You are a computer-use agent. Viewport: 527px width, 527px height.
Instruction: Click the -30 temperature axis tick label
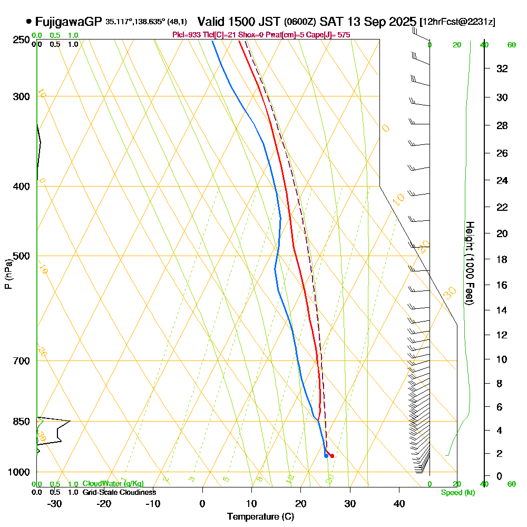pyautogui.click(x=55, y=503)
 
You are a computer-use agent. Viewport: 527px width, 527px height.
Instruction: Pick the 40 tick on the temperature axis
pyautogui.click(x=399, y=503)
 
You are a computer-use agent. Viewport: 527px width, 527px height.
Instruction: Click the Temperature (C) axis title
pyautogui.click(x=260, y=517)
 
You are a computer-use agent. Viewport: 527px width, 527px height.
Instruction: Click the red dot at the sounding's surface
pyautogui.click(x=332, y=456)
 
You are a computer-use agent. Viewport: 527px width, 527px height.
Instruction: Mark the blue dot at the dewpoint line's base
pyautogui.click(x=326, y=456)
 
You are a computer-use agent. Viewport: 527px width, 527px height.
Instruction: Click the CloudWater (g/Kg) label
pyautogui.click(x=113, y=484)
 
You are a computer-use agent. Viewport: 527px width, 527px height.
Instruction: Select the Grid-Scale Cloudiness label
pyautogui.click(x=119, y=492)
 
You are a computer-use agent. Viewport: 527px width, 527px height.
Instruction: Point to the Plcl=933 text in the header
pyautogui.click(x=186, y=35)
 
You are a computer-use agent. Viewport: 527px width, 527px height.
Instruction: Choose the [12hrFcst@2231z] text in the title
pyautogui.click(x=457, y=22)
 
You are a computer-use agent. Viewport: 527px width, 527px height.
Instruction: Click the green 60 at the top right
pyautogui.click(x=511, y=45)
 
